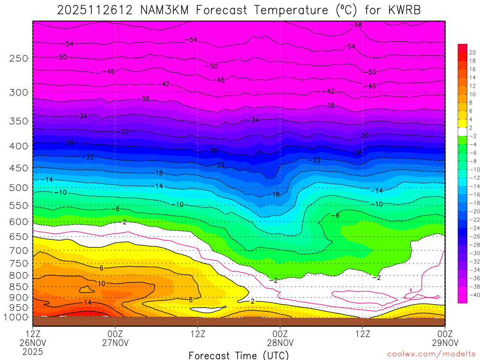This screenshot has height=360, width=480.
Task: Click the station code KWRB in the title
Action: pyautogui.click(x=398, y=10)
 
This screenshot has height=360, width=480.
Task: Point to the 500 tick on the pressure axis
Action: pyautogui.click(x=19, y=188)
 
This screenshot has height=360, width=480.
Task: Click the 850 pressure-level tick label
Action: pyautogui.click(x=19, y=287)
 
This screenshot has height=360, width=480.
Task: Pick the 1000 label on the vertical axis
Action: pyautogui.click(x=17, y=317)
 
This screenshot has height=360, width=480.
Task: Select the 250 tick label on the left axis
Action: pyautogui.click(x=19, y=59)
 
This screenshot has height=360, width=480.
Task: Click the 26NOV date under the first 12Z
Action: pyautogui.click(x=32, y=342)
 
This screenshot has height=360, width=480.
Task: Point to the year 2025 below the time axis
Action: pyautogui.click(x=32, y=351)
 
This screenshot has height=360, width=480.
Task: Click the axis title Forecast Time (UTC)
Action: pyautogui.click(x=239, y=355)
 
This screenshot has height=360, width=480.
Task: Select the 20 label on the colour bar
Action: pyautogui.click(x=472, y=52)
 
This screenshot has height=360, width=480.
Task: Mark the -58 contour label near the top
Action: pyautogui.click(x=358, y=25)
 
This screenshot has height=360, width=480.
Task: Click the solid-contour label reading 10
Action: pyautogui.click(x=101, y=284)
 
